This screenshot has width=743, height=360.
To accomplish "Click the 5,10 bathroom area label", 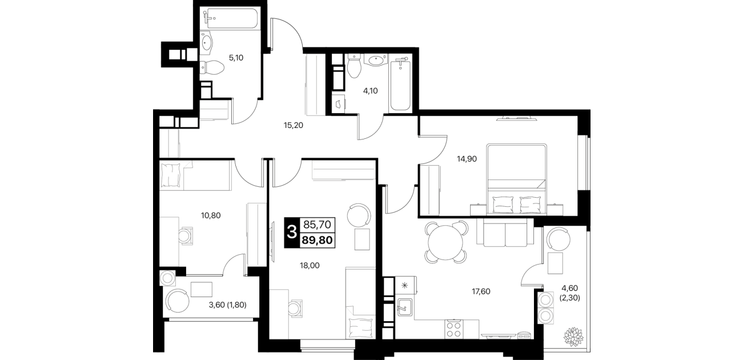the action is (236, 58).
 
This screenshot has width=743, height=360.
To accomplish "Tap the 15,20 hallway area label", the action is (293, 125).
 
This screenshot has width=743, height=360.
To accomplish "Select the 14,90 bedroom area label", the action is (467, 159).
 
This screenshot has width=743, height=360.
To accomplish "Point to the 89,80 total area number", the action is (317, 240).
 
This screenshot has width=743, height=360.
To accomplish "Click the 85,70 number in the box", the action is (317, 225).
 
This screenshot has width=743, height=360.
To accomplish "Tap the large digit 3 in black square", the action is (292, 232).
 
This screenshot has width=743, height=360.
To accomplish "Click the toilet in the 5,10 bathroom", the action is (212, 68).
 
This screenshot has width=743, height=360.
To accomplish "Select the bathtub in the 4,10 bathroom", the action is (401, 85).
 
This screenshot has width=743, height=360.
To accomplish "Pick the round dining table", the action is (445, 242).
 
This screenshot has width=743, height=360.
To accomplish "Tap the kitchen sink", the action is (405, 307).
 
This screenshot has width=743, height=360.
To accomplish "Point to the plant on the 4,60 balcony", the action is (573, 337).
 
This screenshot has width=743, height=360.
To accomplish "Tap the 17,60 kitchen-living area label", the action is (481, 291).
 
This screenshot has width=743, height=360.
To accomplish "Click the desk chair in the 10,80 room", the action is (185, 236).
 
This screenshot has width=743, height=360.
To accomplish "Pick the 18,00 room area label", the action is (310, 266).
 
